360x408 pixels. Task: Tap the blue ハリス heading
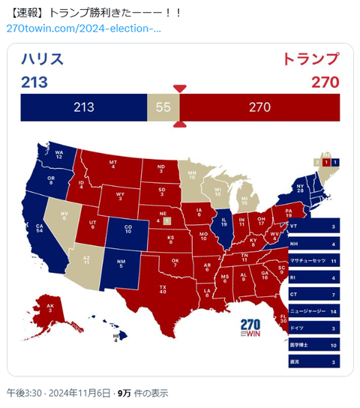click(43, 59)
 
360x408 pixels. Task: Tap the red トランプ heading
click(311, 59)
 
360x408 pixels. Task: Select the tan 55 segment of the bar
click(163, 107)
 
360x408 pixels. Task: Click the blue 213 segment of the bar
click(83, 107)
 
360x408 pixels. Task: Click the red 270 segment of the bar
click(259, 107)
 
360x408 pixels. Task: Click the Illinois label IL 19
click(223, 222)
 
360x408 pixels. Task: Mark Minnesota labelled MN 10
click(191, 177)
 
